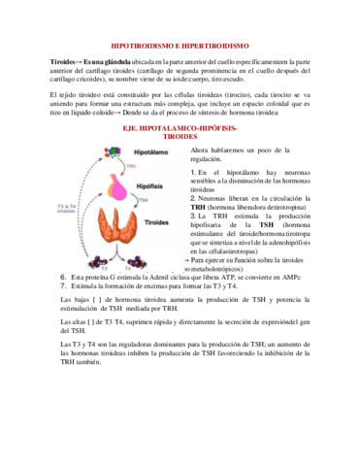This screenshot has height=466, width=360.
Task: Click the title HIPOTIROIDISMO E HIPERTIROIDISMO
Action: [180, 44]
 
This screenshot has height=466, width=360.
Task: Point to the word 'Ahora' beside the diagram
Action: [202, 151]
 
